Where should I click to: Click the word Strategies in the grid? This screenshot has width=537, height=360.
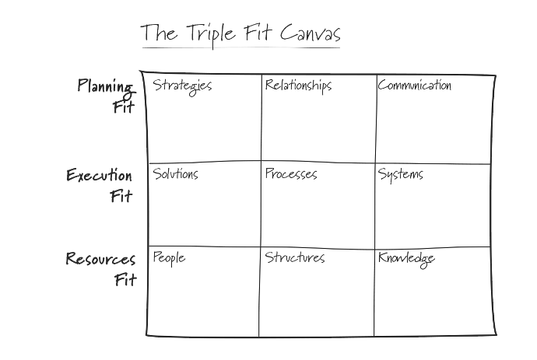point(182,86)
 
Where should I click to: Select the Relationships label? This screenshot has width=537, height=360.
point(298,85)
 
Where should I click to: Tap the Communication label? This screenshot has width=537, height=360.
point(414,85)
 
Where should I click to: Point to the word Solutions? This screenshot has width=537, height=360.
point(175,173)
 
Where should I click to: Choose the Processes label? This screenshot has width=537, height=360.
point(290,174)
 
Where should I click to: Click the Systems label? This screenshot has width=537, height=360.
point(400,174)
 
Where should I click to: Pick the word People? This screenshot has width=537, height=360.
point(169,257)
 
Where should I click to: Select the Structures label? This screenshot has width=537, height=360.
point(294,257)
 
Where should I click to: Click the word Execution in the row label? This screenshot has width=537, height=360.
point(100,175)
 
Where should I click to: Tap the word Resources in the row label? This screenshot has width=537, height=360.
point(100,259)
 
